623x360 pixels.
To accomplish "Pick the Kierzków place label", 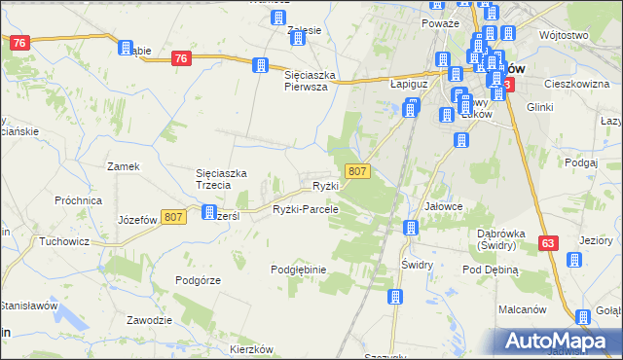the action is click(x=249, y=349).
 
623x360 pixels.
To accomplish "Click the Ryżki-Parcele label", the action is click(x=306, y=209).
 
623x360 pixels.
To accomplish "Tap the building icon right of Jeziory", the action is click(x=574, y=260).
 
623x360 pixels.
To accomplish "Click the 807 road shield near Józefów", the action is click(x=174, y=218).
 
